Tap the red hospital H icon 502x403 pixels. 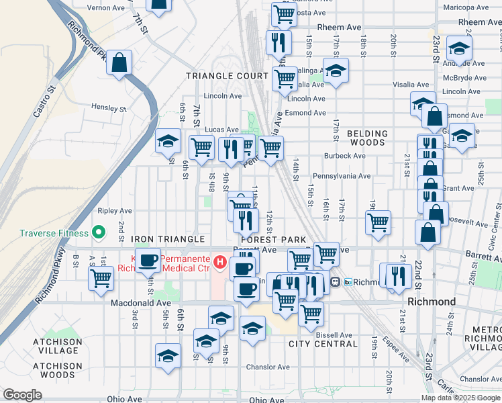[x=219, y=260]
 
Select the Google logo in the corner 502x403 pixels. [x=22, y=395]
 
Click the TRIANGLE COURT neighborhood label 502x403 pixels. [x=226, y=77]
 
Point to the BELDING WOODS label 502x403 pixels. [x=367, y=138]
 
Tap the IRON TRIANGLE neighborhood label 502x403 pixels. [x=168, y=239]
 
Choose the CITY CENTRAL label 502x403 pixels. [x=323, y=344]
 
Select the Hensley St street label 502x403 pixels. [x=109, y=108]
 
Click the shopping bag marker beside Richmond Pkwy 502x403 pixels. [x=119, y=63]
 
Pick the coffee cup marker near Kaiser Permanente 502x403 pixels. [x=149, y=261]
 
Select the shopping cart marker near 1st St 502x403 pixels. [x=101, y=277]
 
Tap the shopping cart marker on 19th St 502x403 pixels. [x=379, y=222]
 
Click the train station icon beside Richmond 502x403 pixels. [x=349, y=282]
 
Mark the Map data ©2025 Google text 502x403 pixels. [x=460, y=398]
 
